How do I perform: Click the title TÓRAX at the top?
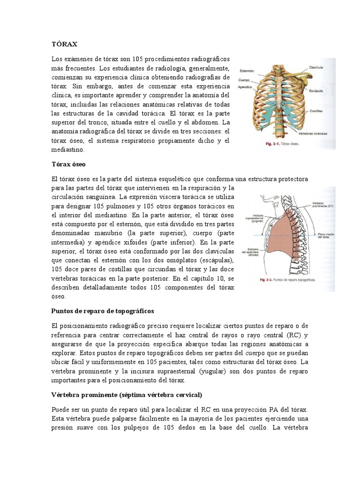click(64, 44)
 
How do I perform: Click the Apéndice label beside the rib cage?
click(247, 87)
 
